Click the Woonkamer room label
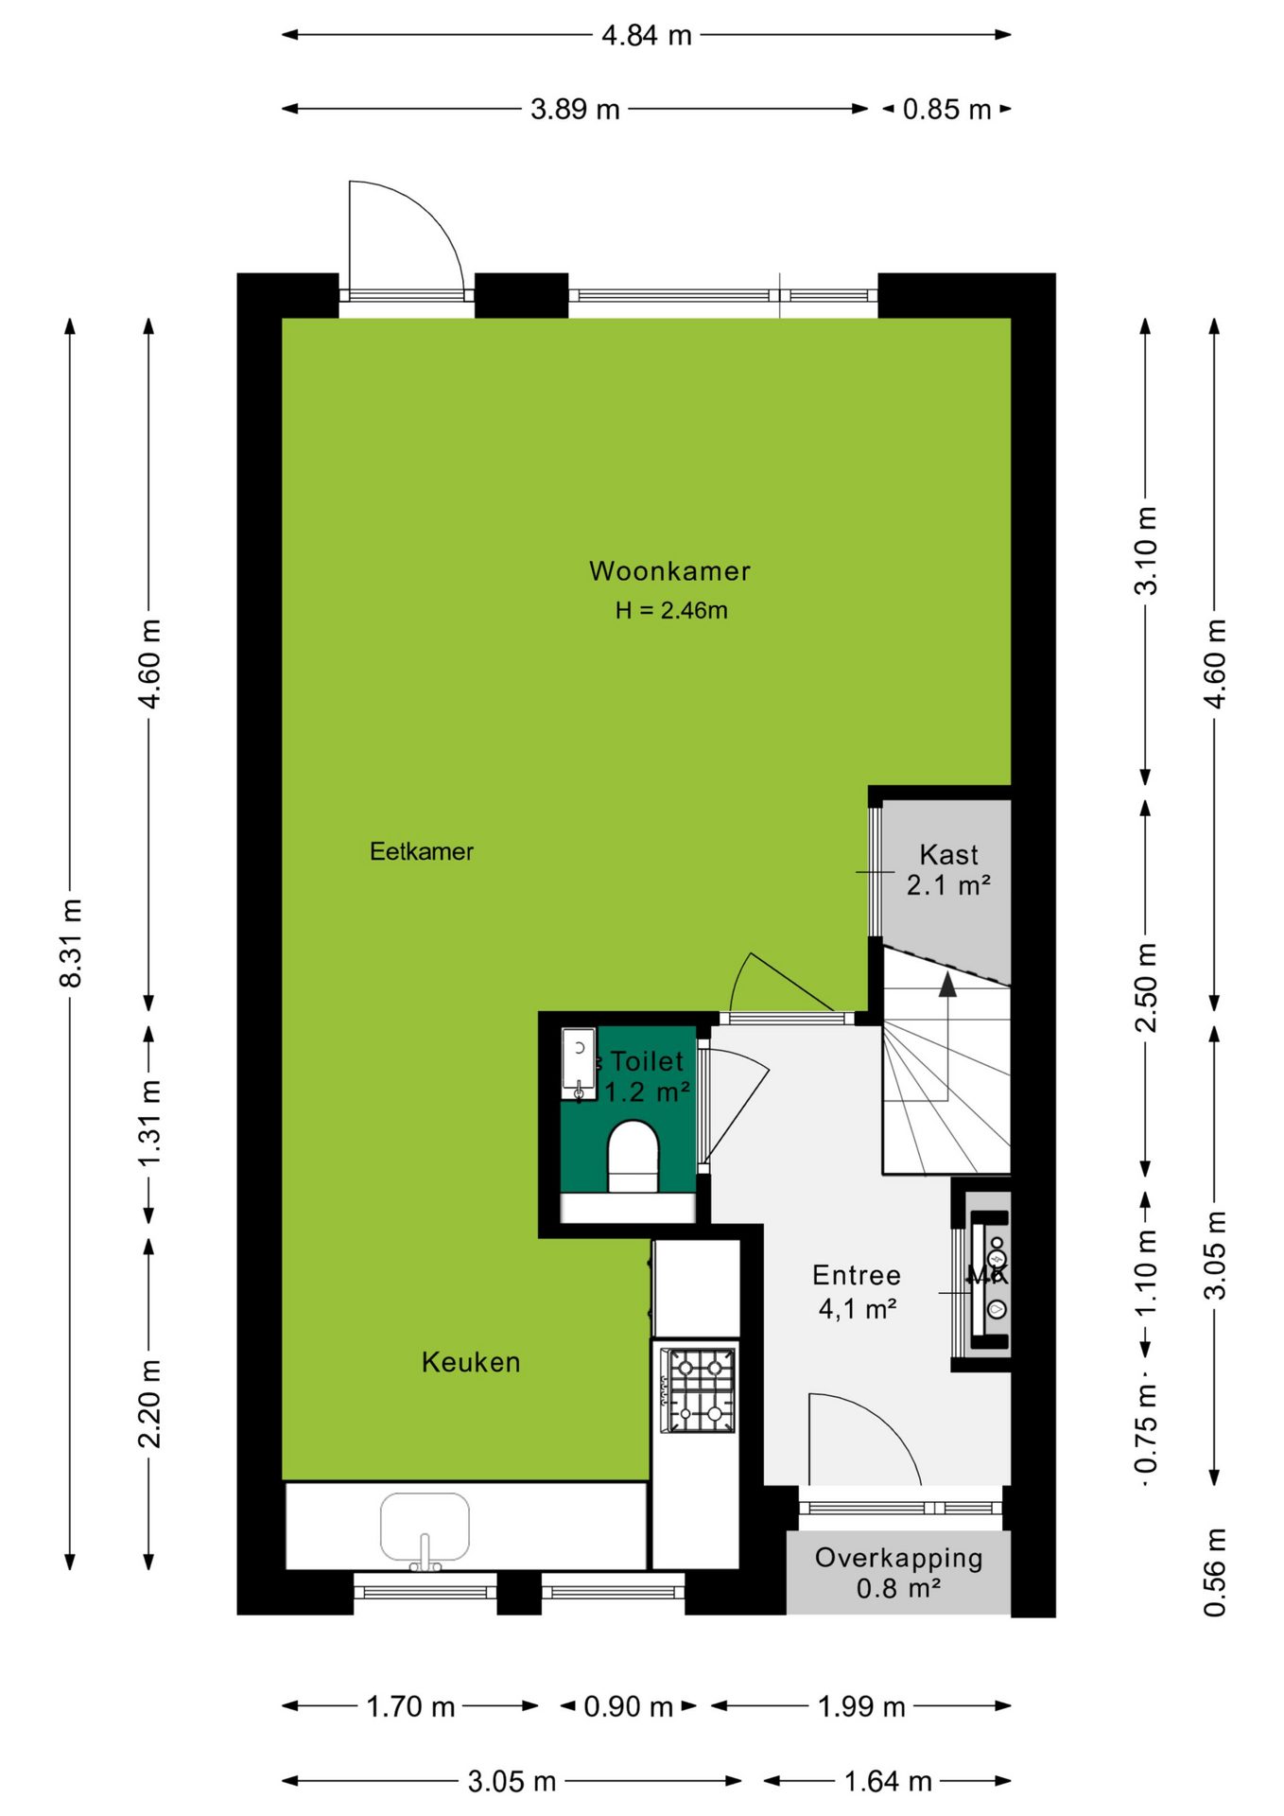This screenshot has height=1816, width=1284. (669, 571)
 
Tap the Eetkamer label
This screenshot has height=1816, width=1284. (422, 851)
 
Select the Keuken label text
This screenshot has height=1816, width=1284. (471, 1362)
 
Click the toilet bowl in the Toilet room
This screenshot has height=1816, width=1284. (633, 1156)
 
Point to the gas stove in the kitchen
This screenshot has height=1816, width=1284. (699, 1389)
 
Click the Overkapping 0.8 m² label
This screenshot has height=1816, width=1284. (899, 1572)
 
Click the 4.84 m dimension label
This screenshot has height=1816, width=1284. (648, 35)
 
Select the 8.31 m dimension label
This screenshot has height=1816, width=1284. (71, 943)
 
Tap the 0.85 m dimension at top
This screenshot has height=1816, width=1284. (946, 109)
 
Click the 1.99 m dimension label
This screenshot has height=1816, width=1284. (861, 1706)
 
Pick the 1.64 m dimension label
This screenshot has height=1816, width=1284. (888, 1781)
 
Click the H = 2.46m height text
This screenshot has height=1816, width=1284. (671, 610)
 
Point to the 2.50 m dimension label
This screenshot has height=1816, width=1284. (1146, 987)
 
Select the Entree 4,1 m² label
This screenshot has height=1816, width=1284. (857, 1292)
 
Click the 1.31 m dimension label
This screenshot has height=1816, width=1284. (150, 1123)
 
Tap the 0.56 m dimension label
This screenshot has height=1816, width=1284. (1215, 1571)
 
